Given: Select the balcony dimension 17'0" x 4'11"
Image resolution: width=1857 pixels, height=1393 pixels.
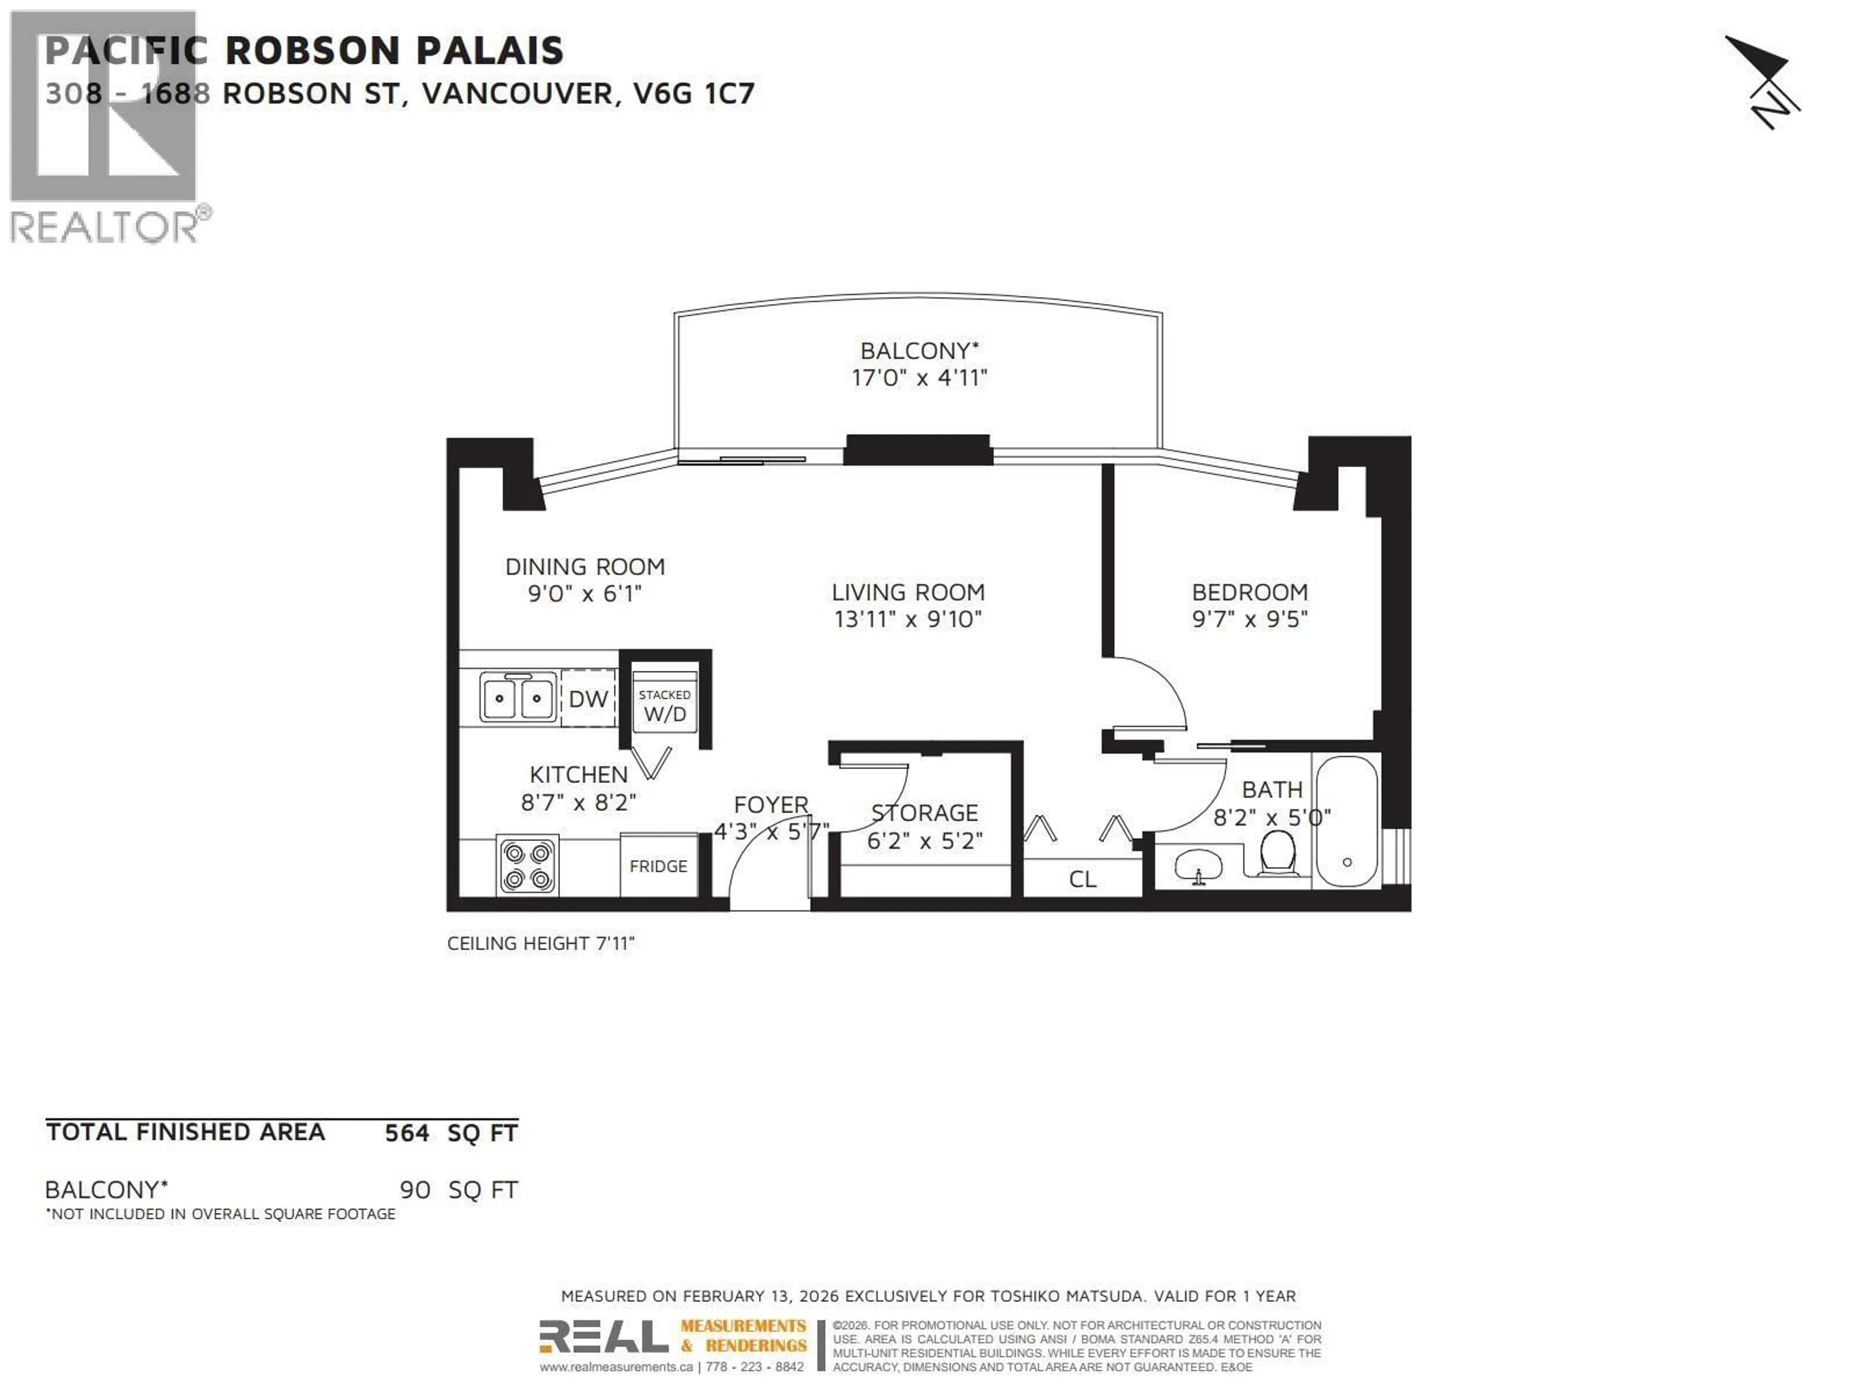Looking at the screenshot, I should coord(919,378).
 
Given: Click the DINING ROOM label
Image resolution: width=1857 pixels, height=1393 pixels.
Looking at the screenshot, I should coord(585,567).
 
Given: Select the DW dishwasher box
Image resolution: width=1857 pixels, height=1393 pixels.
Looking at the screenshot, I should coord(588,698).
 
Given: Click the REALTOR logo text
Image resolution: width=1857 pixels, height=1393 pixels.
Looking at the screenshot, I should coord(105,227).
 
